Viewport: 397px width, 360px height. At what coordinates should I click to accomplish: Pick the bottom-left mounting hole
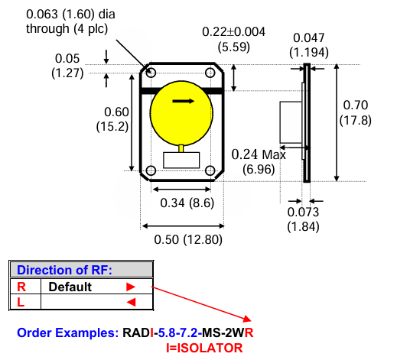click(151, 170)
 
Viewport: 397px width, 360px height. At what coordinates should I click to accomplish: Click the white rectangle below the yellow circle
click(181, 163)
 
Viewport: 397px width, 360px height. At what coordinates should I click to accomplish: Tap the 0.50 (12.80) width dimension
click(181, 240)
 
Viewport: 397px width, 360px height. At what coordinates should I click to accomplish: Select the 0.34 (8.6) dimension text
click(183, 203)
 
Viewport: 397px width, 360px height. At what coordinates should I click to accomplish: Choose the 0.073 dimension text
click(301, 212)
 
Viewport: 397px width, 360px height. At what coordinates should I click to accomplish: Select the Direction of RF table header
click(64, 270)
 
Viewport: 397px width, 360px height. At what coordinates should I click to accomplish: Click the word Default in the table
click(70, 287)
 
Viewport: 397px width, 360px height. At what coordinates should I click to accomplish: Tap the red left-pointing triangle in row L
click(130, 303)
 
